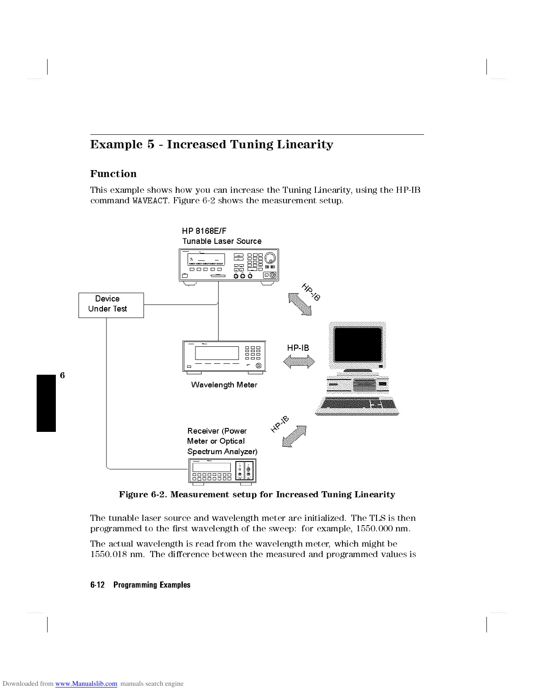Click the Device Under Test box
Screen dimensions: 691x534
point(111,305)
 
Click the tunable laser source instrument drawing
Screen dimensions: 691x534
point(229,265)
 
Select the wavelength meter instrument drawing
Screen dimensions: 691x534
point(224,356)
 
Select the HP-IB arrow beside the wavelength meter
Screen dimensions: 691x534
point(299,361)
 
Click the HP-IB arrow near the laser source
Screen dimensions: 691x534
point(300,304)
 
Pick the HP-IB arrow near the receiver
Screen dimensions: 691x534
point(294,437)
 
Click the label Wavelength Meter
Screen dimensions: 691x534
point(224,385)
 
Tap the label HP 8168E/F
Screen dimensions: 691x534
point(204,231)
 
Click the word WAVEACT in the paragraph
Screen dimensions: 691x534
point(150,201)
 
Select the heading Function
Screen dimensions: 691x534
point(113,174)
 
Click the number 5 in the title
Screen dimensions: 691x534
point(151,144)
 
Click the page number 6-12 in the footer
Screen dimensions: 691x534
point(98,585)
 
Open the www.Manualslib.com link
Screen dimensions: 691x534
point(86,684)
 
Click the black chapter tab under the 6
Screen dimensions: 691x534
point(46,402)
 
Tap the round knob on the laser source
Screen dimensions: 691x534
point(270,257)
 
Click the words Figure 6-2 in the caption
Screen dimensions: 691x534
point(142,494)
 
